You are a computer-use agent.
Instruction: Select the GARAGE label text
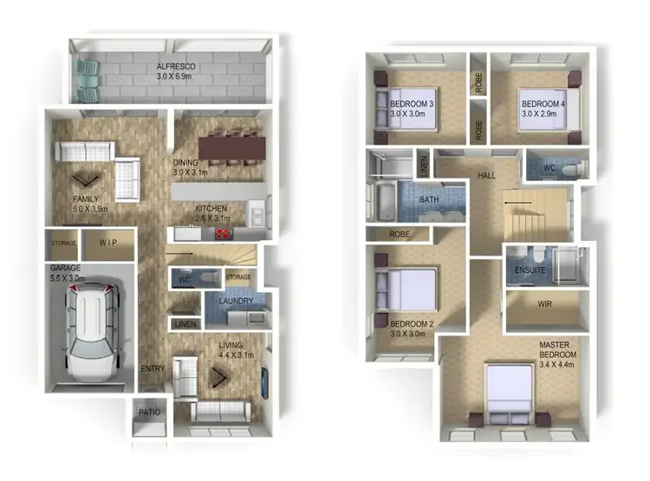tap(66, 269)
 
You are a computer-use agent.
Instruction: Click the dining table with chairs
tap(230, 145)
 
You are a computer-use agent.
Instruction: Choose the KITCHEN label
tap(211, 210)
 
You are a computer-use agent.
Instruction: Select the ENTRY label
tap(153, 369)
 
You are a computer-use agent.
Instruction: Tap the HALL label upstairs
tap(487, 176)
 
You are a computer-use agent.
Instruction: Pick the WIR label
tap(545, 304)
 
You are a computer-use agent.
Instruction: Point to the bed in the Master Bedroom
tap(514, 391)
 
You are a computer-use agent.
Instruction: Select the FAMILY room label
tap(85, 199)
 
